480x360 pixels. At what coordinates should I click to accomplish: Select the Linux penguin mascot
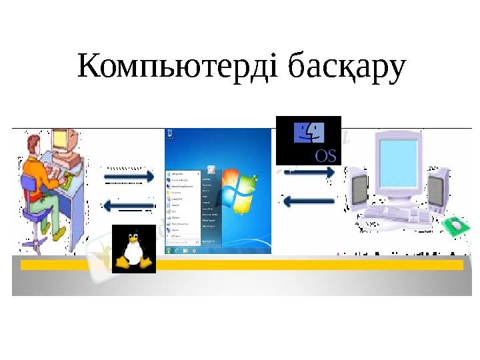[133, 248]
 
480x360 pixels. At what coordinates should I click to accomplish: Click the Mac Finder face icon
[309, 133]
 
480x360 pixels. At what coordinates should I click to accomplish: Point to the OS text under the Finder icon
[325, 157]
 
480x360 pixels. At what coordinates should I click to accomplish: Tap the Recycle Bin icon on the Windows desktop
[211, 169]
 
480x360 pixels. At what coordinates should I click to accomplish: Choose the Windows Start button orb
[169, 250]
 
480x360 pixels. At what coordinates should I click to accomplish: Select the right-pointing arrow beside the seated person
[129, 177]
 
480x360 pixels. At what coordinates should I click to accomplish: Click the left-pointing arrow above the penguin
[129, 205]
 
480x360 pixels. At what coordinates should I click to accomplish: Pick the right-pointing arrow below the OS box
[309, 173]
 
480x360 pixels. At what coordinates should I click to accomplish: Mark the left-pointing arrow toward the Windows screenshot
[309, 201]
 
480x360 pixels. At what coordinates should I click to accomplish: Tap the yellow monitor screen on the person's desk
[59, 139]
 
